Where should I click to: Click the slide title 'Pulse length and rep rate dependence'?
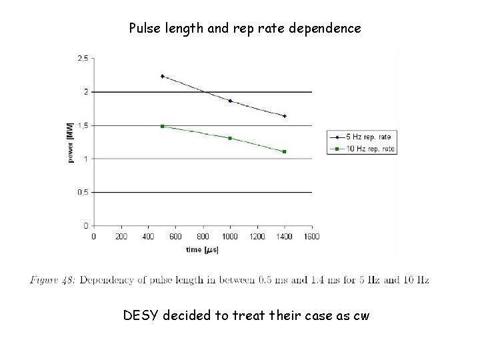[x=245, y=29]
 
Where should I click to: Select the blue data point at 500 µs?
[x=162, y=76]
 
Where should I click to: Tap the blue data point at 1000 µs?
[x=230, y=101]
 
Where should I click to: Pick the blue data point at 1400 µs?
[x=285, y=116]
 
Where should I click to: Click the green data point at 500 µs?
[x=162, y=126]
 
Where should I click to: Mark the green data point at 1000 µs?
[x=230, y=138]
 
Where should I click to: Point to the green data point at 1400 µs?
[x=285, y=151]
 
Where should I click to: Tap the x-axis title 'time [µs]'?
[x=203, y=250]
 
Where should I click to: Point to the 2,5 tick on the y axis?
[x=83, y=59]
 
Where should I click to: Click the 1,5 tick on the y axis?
[x=83, y=125]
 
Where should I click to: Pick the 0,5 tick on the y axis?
[x=83, y=192]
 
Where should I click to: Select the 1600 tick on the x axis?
[x=312, y=235]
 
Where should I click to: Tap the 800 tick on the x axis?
[x=203, y=235]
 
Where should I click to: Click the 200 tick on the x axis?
[x=121, y=235]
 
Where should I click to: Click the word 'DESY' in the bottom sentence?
[x=140, y=315]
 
